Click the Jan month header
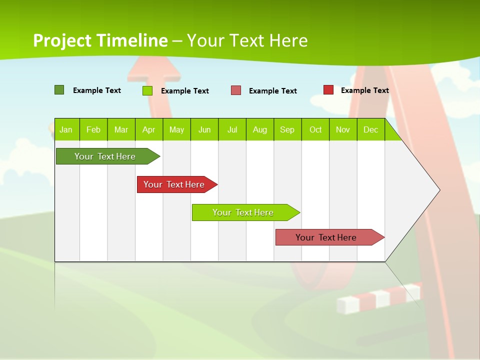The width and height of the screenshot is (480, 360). [x=66, y=130]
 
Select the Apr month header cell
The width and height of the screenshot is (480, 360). [x=149, y=130]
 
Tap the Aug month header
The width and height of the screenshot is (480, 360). [x=260, y=130]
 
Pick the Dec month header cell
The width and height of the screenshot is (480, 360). [x=371, y=130]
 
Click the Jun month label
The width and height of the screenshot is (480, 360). [x=204, y=130]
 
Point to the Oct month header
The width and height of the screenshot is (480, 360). [x=315, y=130]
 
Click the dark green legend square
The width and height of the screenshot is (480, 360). [x=59, y=90]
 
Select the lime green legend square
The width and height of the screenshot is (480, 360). [x=147, y=90]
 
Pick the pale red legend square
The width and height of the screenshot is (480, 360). [x=236, y=90]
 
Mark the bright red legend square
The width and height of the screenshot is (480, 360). [x=328, y=90]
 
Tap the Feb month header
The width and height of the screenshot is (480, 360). [x=93, y=130]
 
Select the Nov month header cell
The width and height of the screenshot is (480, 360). [x=343, y=130]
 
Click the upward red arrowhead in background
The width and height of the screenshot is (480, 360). [x=155, y=70]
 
